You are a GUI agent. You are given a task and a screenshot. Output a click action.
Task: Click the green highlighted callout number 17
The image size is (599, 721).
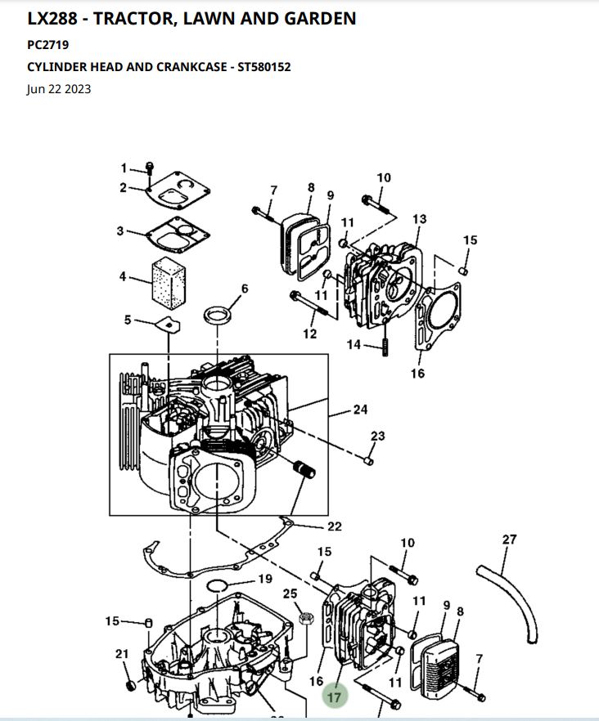pyautogui.click(x=334, y=697)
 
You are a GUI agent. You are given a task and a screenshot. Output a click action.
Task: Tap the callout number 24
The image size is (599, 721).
pyautogui.click(x=360, y=410)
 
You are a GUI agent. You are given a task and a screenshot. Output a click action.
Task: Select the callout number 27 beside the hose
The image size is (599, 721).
pyautogui.click(x=509, y=540)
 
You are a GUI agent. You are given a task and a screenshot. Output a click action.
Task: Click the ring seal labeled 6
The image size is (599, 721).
pyautogui.click(x=218, y=316)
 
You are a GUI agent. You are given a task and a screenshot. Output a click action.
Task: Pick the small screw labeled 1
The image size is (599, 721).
pyautogui.click(x=150, y=168)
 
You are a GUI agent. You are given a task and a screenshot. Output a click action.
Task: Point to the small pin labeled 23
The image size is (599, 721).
pyautogui.click(x=368, y=460)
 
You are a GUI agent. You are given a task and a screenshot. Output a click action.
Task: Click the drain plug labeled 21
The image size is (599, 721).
pyautogui.click(x=131, y=686)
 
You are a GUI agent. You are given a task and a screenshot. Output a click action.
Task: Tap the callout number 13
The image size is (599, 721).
pyautogui.click(x=419, y=219)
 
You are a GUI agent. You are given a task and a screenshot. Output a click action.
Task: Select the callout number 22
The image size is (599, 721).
pyautogui.click(x=334, y=526)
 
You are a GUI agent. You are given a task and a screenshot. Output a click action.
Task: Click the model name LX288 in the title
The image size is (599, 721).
pyautogui.click(x=52, y=18)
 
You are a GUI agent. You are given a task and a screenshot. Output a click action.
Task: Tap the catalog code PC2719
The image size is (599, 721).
pyautogui.click(x=48, y=45)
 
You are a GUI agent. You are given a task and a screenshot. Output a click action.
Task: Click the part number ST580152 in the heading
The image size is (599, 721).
pyautogui.click(x=263, y=67)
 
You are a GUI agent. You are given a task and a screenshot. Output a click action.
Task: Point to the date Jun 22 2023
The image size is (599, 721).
pyautogui.click(x=58, y=89)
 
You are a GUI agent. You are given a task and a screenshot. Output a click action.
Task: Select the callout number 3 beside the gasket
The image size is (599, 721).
pyautogui.click(x=120, y=231)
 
